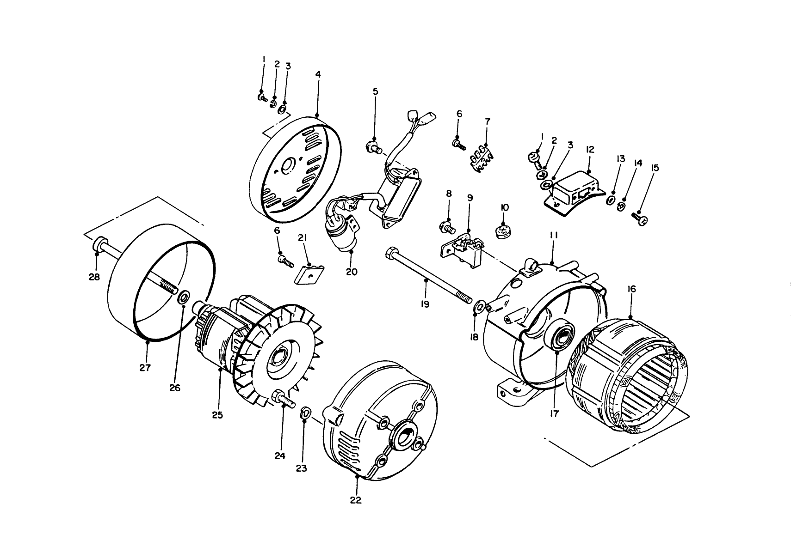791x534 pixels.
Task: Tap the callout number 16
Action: coord(631,290)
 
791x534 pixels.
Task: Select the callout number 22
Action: coord(356,500)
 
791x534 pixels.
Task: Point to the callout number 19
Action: coord(425,304)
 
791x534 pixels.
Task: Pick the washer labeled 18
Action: coord(480,306)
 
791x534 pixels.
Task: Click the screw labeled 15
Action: coord(638,218)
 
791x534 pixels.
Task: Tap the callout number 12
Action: coord(589,150)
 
